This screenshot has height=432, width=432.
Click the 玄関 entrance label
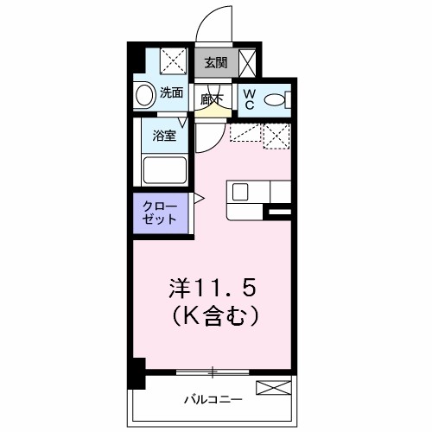216,62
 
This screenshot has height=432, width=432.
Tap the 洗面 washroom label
172,92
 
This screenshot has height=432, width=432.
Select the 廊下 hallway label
212,99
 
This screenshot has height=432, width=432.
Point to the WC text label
247,99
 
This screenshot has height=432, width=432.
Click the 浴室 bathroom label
165,135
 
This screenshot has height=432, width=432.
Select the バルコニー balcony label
213,400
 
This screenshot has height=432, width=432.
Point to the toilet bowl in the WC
276,100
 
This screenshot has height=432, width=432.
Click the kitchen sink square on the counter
239,191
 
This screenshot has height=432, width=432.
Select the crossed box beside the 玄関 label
248,62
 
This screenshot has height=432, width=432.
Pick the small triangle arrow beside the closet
198,200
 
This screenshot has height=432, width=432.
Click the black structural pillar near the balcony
136,373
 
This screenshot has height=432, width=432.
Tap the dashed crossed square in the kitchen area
277,137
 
